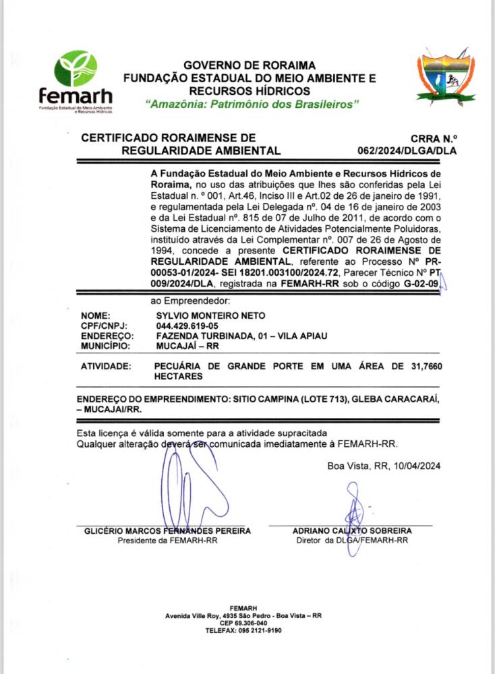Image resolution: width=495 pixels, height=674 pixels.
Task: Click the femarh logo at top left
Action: [75, 80]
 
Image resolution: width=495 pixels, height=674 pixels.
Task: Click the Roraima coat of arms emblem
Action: [440, 76]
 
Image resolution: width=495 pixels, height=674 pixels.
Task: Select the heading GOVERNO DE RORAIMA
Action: [250, 65]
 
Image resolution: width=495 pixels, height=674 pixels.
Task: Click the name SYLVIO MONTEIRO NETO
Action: [210, 315]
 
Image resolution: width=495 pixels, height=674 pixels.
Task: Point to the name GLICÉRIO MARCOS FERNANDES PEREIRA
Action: [167, 531]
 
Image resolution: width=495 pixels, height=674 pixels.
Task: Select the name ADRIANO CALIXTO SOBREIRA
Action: [352, 531]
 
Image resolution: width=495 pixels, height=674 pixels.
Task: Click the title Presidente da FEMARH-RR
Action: [167, 541]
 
